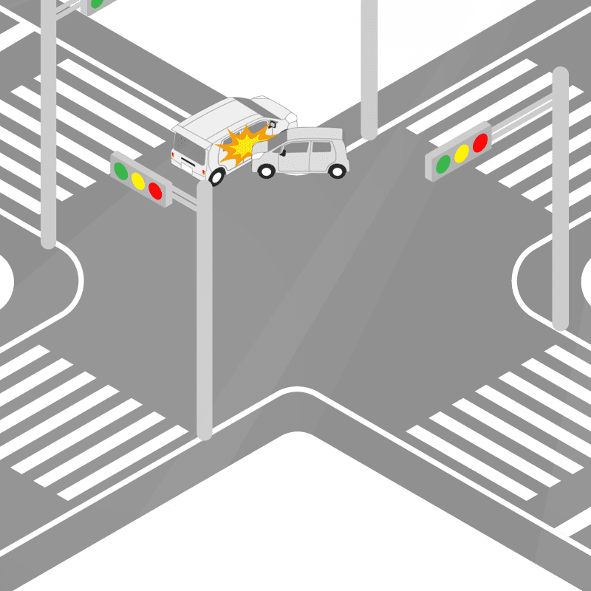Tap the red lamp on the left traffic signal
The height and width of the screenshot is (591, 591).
[x=155, y=191]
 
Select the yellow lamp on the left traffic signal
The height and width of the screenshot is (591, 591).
[x=137, y=180]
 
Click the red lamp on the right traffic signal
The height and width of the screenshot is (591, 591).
[x=480, y=142]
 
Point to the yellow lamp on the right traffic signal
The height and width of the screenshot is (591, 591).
[x=462, y=153]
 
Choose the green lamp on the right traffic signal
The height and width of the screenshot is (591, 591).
[x=443, y=164]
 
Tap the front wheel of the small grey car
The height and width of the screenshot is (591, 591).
[x=267, y=171]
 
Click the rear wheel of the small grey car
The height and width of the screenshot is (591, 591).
[x=337, y=171]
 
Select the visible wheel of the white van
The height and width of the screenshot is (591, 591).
[x=216, y=177]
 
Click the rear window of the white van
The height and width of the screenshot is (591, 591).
[x=188, y=140]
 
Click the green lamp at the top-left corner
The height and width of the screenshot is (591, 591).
[x=96, y=4]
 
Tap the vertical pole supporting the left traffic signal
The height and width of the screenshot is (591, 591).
[x=205, y=310]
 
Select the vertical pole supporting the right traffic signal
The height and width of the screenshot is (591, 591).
[x=560, y=222]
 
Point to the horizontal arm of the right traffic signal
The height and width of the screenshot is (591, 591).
[x=521, y=118]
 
